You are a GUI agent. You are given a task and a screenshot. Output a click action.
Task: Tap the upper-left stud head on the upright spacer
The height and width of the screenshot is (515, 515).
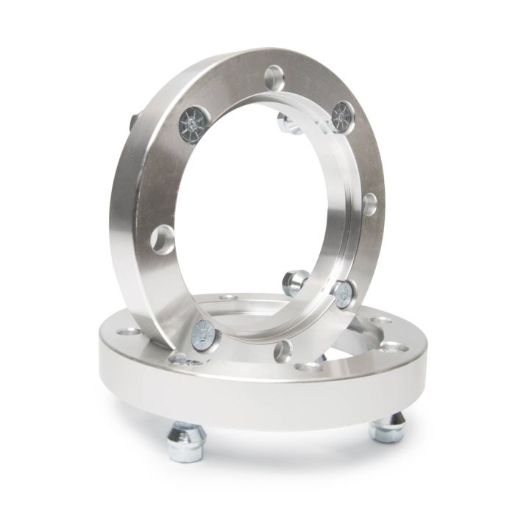coord(189,121)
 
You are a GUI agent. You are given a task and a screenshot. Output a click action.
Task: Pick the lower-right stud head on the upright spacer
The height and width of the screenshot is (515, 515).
coord(343,293)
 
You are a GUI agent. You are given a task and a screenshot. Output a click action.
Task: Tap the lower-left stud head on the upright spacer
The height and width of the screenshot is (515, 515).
coord(202,332)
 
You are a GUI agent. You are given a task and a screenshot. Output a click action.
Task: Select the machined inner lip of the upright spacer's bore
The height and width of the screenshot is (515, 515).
coord(327,221)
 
